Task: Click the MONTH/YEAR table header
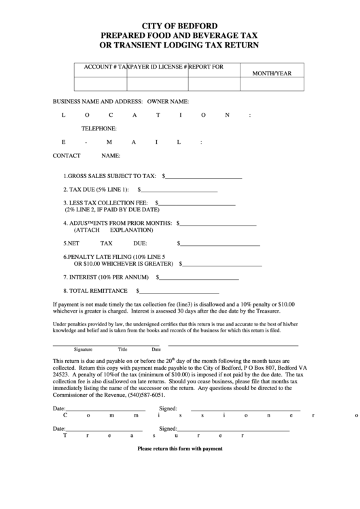click(272, 72)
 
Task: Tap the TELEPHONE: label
click(99, 128)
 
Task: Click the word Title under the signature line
click(123, 349)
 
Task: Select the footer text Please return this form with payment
click(180, 449)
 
